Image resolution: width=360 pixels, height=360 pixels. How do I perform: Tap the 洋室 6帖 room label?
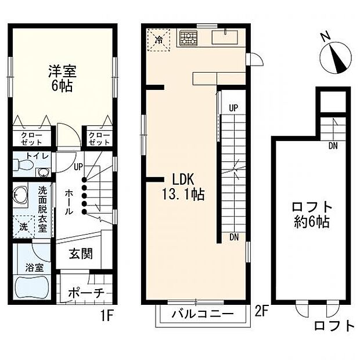[x=62, y=81]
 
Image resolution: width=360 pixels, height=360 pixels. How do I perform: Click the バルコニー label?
[x=203, y=315]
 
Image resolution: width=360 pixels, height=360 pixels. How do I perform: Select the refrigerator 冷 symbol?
[x=158, y=40]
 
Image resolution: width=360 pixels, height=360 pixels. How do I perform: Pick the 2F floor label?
[x=262, y=311]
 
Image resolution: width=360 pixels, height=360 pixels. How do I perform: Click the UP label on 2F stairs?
[x=233, y=108]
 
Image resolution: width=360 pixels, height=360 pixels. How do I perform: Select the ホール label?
[x=68, y=200]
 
